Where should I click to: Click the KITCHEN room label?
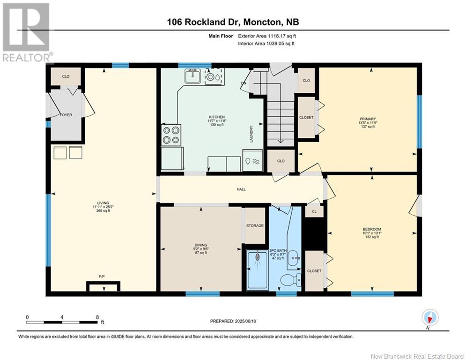pos(217,117)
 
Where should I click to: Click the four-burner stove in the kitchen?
pos(171,135)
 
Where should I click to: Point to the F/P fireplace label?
pos(102,277)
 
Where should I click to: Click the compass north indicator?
pos(429,318)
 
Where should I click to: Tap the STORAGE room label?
pos(255,225)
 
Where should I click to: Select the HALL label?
pos(241,189)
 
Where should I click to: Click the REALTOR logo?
pos(27,32)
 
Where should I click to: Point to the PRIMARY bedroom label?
pos(368,119)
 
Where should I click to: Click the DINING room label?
pos(201,245)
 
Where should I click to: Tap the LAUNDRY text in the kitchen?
pos(251,134)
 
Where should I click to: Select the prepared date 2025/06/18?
pos(245,321)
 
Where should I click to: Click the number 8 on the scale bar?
pos(97,317)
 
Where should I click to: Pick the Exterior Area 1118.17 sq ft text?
pos(267,36)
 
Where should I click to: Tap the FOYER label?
pos(66,115)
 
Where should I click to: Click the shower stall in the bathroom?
pos(258,270)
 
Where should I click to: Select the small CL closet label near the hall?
pos(314,211)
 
